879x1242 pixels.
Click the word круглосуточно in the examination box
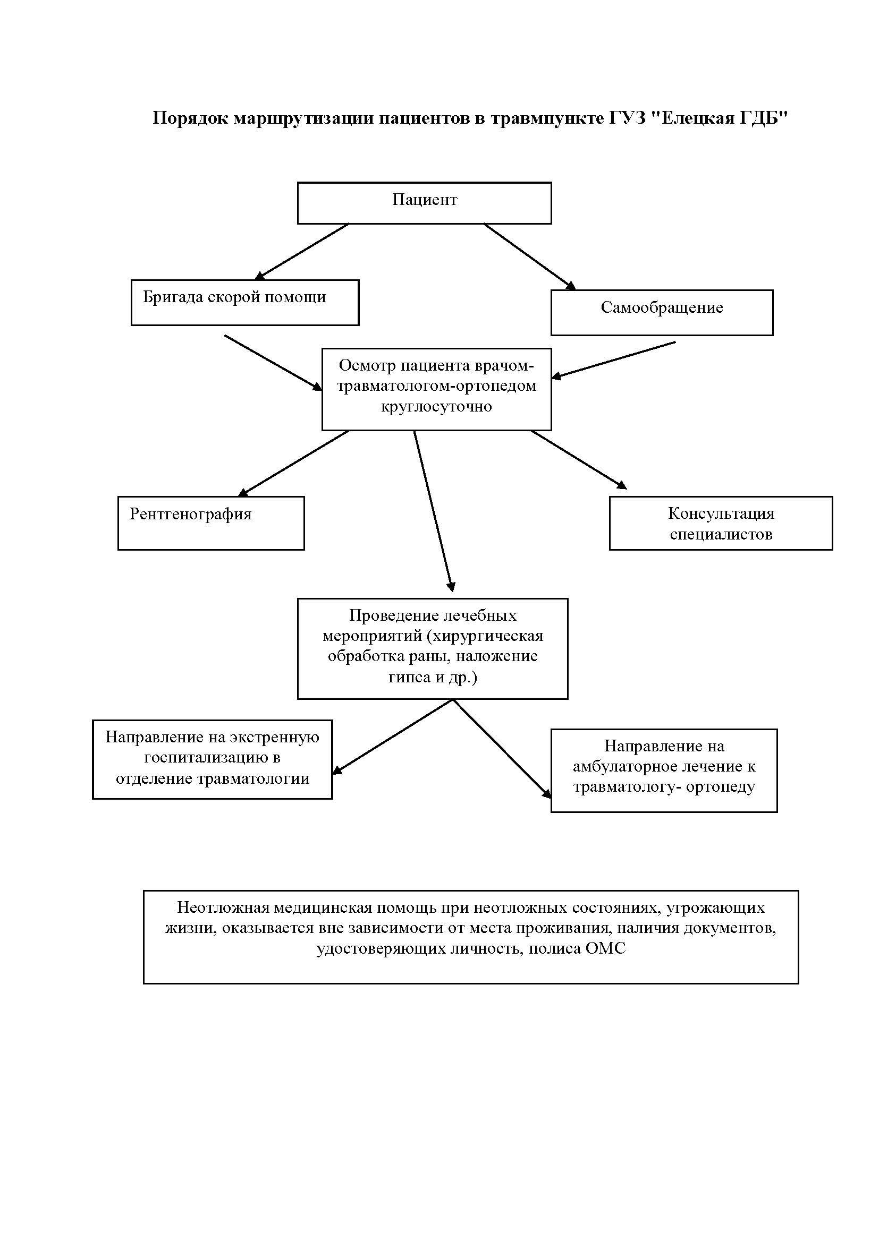click(x=436, y=406)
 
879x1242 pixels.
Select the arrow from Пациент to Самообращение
click(x=530, y=257)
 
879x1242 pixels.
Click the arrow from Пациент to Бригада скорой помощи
click(x=301, y=252)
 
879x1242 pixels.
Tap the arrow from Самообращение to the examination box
click(x=613, y=360)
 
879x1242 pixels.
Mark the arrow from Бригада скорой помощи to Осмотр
click(x=273, y=363)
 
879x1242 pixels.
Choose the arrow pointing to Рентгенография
click(x=293, y=464)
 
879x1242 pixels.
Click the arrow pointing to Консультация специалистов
click(x=579, y=460)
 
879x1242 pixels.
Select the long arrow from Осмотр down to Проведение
click(x=434, y=511)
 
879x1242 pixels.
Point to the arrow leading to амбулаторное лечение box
click(x=502, y=749)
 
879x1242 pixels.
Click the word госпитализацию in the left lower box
click(x=212, y=758)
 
